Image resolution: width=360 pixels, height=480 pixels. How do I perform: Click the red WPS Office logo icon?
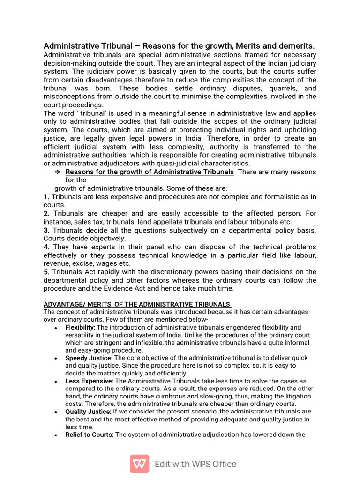(x=139, y=464)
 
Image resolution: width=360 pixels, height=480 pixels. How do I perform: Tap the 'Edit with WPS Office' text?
(x=195, y=464)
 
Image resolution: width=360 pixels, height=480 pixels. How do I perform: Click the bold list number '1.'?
(x=46, y=197)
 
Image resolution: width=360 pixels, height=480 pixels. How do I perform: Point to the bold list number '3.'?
(x=46, y=230)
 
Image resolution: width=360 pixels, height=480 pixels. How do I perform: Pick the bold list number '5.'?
(x=46, y=272)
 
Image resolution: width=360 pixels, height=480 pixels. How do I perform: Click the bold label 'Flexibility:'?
(x=80, y=327)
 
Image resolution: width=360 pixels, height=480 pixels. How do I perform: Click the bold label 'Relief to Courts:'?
(x=89, y=435)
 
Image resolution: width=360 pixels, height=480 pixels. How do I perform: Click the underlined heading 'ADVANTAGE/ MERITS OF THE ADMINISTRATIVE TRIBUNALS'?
(x=136, y=304)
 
